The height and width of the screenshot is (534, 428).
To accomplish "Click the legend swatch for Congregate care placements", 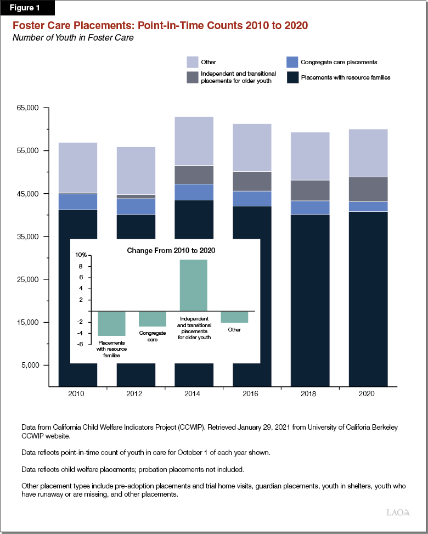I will click(292, 62).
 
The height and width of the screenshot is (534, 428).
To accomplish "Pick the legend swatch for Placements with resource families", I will click(292, 77).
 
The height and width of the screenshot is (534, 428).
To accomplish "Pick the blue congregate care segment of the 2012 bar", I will click(136, 206).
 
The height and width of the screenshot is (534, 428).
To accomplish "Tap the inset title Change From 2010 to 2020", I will click(171, 250).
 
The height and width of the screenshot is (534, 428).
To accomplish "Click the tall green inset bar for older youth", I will click(194, 285).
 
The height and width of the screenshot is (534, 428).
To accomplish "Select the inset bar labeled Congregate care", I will click(153, 319).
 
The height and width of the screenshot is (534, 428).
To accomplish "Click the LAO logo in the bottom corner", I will click(398, 513).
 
